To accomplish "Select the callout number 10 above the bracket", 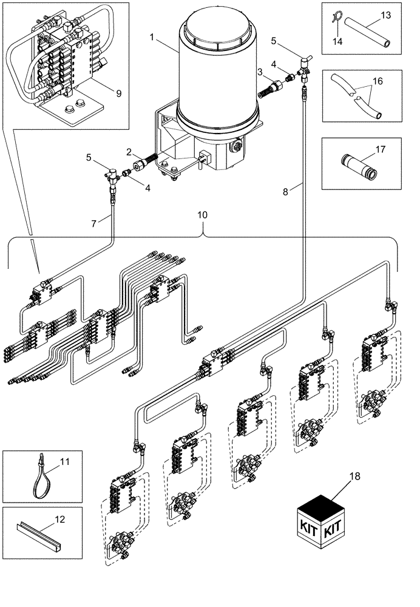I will (202, 215).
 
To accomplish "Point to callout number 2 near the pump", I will (129, 151).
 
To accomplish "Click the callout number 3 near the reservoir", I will (260, 72).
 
